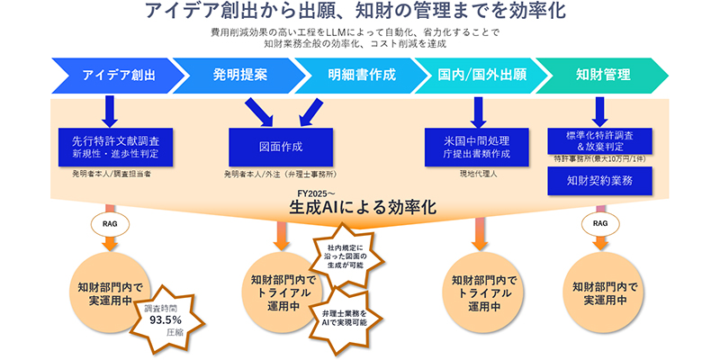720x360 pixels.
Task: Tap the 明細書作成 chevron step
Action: tap(361, 75)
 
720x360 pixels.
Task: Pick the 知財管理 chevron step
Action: tap(602, 75)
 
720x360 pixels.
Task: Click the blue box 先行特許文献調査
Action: tap(109, 146)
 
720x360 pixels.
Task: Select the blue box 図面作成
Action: tap(279, 146)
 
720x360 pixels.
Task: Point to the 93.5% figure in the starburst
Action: tap(166, 319)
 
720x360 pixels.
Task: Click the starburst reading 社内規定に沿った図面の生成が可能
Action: tap(346, 256)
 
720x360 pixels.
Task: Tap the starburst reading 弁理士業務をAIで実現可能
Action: tap(346, 317)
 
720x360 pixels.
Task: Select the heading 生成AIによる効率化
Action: tap(362, 207)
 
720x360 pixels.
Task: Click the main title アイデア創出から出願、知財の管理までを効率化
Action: tap(360, 13)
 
